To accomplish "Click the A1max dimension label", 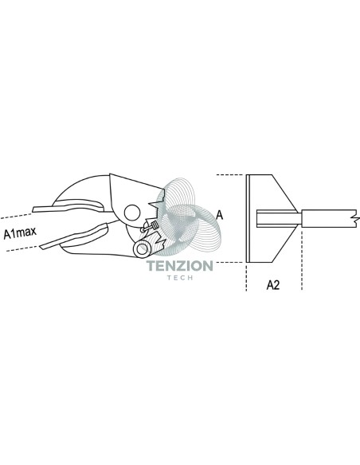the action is point(20,232).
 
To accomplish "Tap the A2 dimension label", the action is point(273,285).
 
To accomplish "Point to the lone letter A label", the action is point(219,215).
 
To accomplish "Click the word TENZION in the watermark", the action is point(180,266).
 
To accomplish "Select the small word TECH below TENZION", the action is point(180,278).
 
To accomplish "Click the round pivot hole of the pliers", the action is point(132,213).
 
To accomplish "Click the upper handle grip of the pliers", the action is point(68,205).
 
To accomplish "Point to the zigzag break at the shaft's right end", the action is point(355,219).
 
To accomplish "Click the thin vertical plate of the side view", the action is point(248,218).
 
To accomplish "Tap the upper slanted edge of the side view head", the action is point(284,192).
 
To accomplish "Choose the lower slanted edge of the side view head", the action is point(284,245).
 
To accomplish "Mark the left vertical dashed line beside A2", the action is point(246,276).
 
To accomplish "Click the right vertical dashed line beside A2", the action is point(302,259).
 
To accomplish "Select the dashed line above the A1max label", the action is point(15,216).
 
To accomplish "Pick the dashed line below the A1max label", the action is point(22,248).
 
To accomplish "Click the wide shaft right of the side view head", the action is point(329,219).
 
